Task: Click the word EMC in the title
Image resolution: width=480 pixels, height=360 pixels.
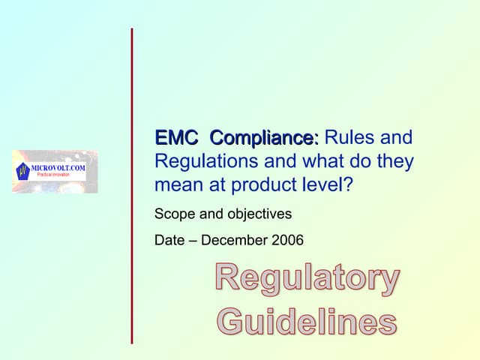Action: tap(176, 137)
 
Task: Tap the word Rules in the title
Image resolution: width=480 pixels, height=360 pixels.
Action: tap(349, 136)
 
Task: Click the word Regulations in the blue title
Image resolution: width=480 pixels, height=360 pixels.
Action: tap(206, 161)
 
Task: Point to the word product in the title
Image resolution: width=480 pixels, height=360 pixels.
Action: tap(264, 185)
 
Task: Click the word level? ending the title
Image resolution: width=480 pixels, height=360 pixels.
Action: tap(328, 184)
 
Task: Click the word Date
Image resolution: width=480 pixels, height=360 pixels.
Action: tap(169, 240)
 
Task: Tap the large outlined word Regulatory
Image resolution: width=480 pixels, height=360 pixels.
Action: tap(307, 278)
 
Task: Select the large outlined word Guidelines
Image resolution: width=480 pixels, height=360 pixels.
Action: tap(308, 321)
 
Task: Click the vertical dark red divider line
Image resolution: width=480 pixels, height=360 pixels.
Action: tap(132, 186)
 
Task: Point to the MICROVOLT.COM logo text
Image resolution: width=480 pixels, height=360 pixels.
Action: tap(58, 168)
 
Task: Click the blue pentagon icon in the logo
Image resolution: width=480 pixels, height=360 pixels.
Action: tap(22, 172)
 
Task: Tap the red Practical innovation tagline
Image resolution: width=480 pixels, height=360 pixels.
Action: tap(53, 175)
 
